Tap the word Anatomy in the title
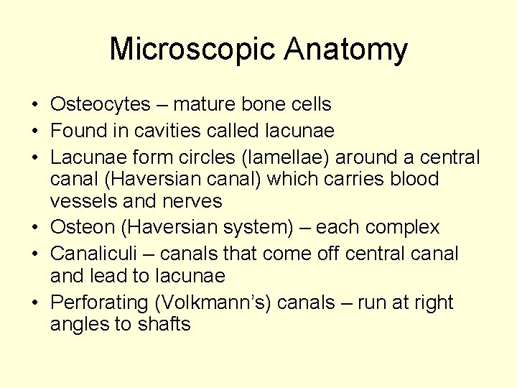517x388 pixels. tap(345, 50)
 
